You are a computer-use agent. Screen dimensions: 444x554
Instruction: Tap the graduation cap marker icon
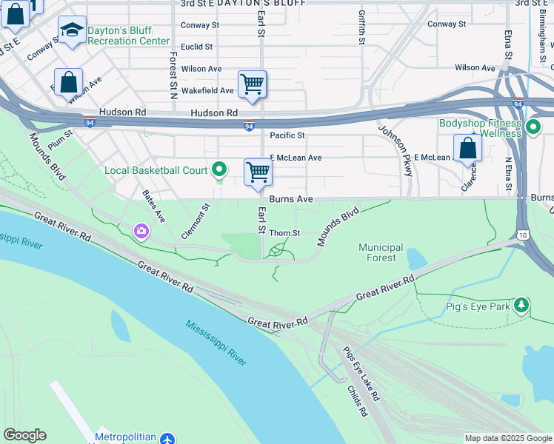pos(72,30)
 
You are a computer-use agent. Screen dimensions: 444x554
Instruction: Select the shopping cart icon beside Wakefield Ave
pos(253,84)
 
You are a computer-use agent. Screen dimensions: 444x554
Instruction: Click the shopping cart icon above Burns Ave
pos(258,172)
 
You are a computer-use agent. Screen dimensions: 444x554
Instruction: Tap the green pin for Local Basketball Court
pos(218,170)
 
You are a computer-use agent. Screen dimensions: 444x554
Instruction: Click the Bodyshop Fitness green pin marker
pos(533,129)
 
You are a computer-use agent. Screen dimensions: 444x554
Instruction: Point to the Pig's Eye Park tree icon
pos(522,305)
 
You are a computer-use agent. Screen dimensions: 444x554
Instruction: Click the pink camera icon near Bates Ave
pos(141,232)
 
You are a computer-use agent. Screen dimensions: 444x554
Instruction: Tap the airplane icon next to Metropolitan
pos(168,438)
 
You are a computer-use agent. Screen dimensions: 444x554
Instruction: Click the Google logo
pos(24,435)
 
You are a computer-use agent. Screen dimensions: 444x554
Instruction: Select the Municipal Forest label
pos(381,252)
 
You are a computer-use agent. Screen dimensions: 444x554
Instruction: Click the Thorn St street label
pos(284,232)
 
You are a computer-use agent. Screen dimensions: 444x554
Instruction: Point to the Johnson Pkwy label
pos(396,150)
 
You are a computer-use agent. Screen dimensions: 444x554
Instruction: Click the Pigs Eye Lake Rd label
pos(360,374)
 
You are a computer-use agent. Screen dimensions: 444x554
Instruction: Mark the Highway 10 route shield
pos(522,235)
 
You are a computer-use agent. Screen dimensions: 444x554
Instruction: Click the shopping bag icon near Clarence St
pos(468,148)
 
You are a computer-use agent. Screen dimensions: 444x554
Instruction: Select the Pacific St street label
pos(287,135)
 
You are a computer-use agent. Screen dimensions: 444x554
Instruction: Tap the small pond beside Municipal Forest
pos(416,259)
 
